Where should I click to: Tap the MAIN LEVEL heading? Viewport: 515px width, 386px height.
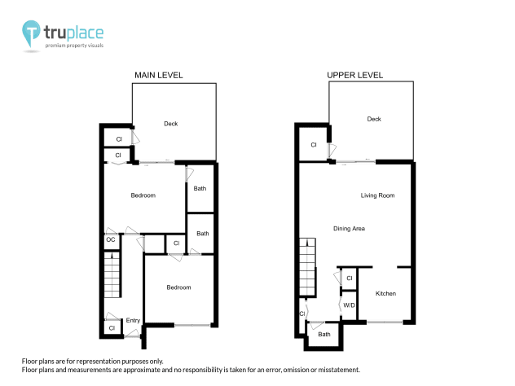click(x=158, y=75)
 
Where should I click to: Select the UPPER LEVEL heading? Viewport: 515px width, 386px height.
click(x=354, y=75)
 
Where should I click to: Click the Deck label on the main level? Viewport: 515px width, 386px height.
click(x=170, y=124)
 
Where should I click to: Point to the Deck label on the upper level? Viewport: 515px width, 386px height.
click(x=374, y=119)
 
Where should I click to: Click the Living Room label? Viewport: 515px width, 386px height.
click(x=378, y=195)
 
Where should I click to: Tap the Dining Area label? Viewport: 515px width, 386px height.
click(x=349, y=229)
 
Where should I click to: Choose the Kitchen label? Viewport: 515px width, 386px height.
click(x=385, y=293)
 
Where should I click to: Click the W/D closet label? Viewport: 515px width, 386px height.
click(x=349, y=305)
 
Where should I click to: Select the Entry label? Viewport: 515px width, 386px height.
click(x=133, y=320)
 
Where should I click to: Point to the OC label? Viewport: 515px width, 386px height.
click(x=110, y=239)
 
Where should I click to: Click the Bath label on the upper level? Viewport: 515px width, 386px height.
click(x=324, y=334)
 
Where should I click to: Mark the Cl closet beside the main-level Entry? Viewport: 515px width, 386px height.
click(x=112, y=328)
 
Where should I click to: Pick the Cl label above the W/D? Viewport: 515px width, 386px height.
click(x=349, y=279)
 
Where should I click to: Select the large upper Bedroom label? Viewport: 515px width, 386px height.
click(x=143, y=195)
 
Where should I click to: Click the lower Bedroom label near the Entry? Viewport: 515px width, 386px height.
click(x=178, y=287)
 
